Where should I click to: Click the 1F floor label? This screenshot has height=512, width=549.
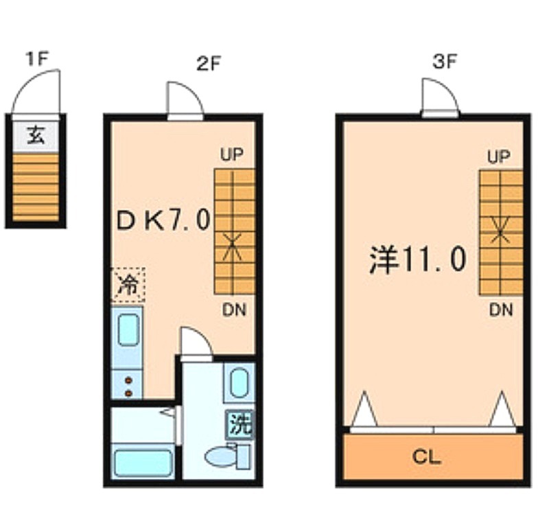36,58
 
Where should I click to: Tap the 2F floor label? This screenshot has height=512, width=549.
208,63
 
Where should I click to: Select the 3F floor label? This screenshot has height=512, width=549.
444,62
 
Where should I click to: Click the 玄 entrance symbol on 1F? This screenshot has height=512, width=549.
36,135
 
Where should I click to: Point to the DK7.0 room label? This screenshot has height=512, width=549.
163,220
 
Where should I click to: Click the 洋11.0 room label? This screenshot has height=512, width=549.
418,259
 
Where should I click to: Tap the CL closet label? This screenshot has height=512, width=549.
426,456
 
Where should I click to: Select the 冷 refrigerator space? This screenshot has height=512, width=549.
128,284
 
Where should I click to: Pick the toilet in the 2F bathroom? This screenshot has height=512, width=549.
228,456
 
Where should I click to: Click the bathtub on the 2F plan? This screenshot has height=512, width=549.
143,463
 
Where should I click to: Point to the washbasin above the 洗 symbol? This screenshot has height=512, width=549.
239,383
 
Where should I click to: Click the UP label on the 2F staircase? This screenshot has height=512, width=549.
232,154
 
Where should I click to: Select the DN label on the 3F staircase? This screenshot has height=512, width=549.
501,310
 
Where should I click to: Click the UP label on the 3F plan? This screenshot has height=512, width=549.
499,156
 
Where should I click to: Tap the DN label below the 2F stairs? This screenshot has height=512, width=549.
234,310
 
